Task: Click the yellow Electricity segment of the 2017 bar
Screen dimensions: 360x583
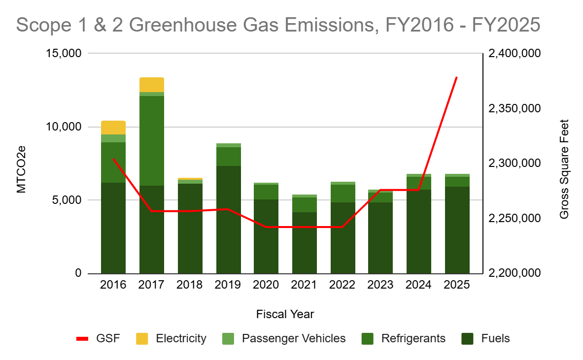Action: pyautogui.click(x=152, y=85)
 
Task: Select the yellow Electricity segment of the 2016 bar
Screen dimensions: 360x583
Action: pyautogui.click(x=113, y=128)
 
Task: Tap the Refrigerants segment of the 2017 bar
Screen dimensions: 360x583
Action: pyautogui.click(x=152, y=140)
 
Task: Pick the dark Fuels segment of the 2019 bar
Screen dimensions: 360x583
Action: pyautogui.click(x=229, y=219)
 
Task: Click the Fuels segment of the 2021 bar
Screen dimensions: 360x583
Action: pyautogui.click(x=305, y=242)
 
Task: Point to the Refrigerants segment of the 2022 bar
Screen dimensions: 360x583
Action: pyautogui.click(x=343, y=193)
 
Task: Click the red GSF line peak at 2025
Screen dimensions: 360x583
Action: pyautogui.click(x=457, y=77)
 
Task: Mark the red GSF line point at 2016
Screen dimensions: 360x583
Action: pyautogui.click(x=113, y=159)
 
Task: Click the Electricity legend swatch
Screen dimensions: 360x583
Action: pyautogui.click(x=142, y=338)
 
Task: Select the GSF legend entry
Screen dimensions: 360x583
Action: pyautogui.click(x=99, y=338)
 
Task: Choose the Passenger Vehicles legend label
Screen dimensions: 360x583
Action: pyautogui.click(x=294, y=338)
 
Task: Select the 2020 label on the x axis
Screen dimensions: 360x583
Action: pyautogui.click(x=267, y=285)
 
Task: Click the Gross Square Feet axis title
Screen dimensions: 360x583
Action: pyautogui.click(x=564, y=169)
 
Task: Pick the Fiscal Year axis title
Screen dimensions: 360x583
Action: pyautogui.click(x=285, y=314)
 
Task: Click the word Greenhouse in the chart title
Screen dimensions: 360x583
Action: pyautogui.click(x=198, y=24)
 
